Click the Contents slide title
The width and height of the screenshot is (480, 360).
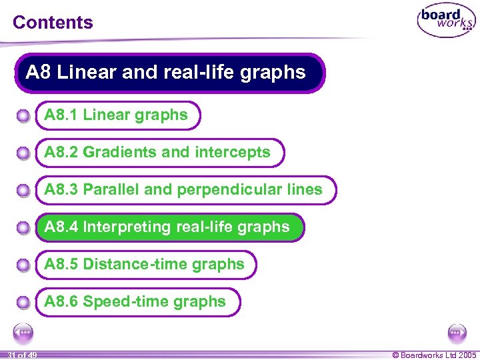pos(53,22)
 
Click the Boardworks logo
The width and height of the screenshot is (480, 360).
pos(446,21)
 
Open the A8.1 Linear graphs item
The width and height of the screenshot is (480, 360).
pos(117,115)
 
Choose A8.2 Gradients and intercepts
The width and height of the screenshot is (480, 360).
pos(158,153)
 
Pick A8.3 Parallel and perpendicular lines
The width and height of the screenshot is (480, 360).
pos(184,190)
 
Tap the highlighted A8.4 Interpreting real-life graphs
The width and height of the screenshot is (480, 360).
pos(167,227)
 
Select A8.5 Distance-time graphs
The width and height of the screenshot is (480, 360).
pos(145,265)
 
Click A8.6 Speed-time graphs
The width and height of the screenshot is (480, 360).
pos(135,302)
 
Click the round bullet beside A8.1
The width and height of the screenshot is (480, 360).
pos(23,117)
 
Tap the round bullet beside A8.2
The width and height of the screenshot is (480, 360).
pos(23,154)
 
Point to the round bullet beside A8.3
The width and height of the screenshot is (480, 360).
pos(23,191)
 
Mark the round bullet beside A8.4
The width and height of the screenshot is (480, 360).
pos(23,229)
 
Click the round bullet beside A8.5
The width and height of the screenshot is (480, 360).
pos(23,266)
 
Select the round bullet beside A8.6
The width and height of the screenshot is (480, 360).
pos(23,303)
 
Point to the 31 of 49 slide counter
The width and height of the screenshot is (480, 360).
pos(19,355)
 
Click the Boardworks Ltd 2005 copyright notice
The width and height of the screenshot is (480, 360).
pos(434,355)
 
